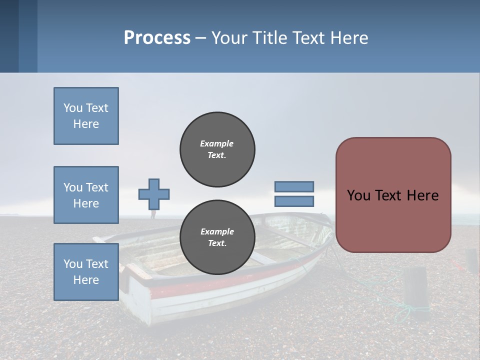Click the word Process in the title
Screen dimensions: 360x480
click(x=157, y=38)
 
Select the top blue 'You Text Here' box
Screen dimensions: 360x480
click(x=86, y=116)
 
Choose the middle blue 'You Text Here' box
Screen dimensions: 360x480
click(x=86, y=195)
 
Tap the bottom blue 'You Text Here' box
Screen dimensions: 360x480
click(x=86, y=271)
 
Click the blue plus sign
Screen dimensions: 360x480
click(x=154, y=194)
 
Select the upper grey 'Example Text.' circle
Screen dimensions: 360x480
click(x=217, y=149)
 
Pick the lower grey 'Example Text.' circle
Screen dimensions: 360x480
click(x=217, y=237)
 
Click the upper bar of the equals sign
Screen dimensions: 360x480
click(x=294, y=186)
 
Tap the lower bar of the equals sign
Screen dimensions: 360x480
click(x=294, y=201)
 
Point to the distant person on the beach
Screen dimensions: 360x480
click(x=153, y=214)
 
